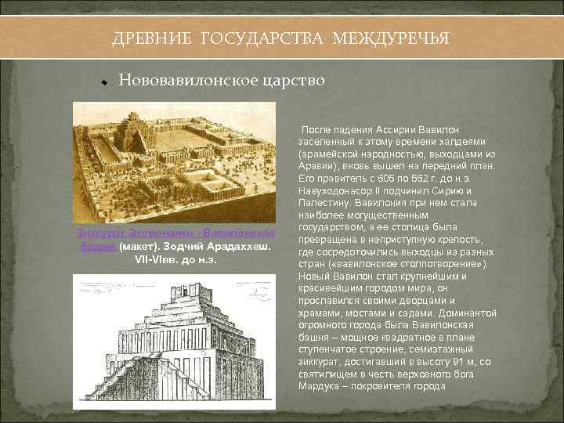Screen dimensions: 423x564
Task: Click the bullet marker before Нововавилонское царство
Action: [103, 81]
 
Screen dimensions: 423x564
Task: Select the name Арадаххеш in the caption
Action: [237, 246]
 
